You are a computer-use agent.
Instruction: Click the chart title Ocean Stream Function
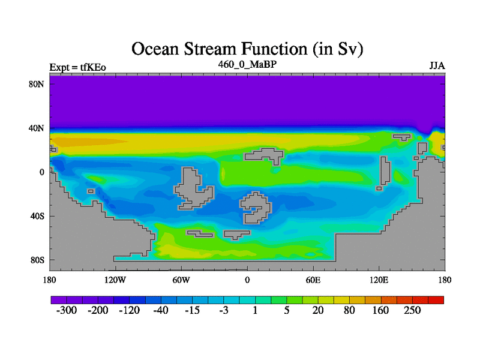click(x=247, y=49)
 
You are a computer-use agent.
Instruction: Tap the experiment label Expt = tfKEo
click(x=78, y=67)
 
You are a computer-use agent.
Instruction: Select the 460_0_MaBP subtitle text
click(x=247, y=65)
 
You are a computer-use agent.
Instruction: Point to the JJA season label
click(x=437, y=66)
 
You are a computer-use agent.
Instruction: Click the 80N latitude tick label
click(x=37, y=84)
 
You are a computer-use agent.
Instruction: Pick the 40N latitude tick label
click(x=37, y=128)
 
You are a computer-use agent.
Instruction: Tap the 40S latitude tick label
click(x=37, y=216)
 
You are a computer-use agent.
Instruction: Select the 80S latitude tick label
click(x=37, y=260)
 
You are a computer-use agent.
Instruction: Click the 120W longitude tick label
click(x=115, y=280)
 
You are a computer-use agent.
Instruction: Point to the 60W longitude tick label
click(x=181, y=280)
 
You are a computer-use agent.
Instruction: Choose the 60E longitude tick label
click(x=313, y=280)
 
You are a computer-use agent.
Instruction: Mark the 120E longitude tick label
click(x=379, y=280)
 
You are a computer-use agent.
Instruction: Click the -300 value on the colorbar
click(x=67, y=310)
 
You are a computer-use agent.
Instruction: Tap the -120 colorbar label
click(x=130, y=310)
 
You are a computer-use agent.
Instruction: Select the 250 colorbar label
click(x=412, y=310)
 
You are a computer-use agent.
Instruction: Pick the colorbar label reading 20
click(x=318, y=310)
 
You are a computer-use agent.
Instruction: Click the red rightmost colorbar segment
click(x=436, y=300)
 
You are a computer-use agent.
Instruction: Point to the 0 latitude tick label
click(x=41, y=172)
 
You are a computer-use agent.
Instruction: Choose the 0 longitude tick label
click(x=247, y=280)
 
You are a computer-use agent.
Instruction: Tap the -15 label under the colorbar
click(x=192, y=310)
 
